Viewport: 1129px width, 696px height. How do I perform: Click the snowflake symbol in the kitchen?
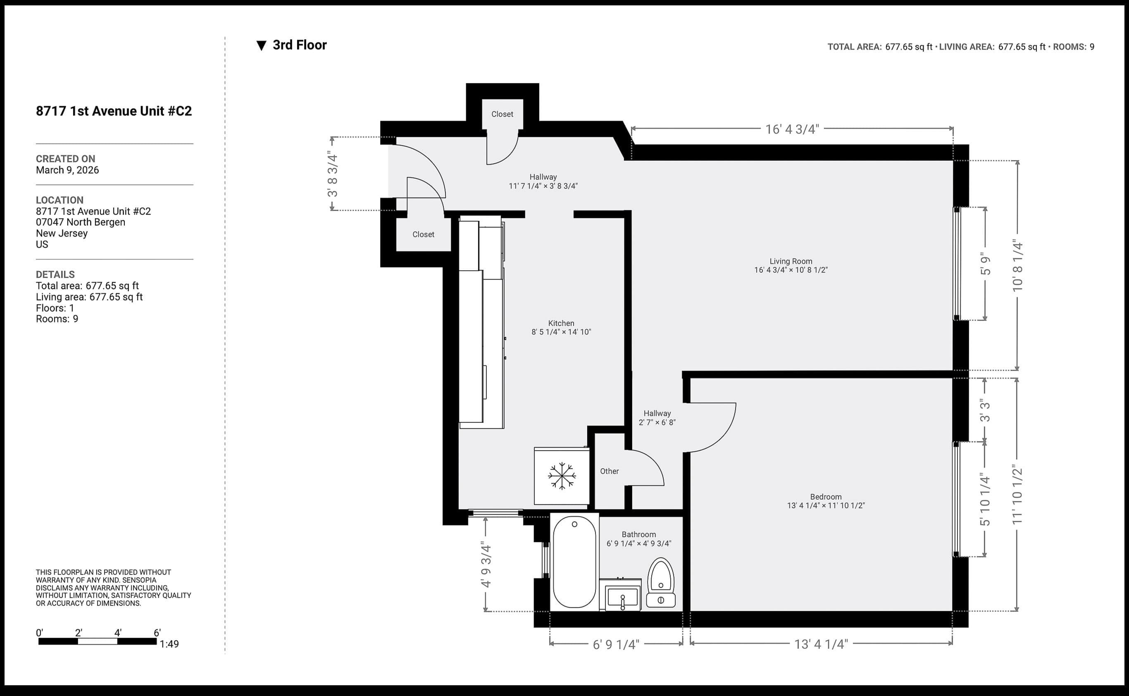click(x=562, y=476)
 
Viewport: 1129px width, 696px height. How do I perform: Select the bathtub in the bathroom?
click(x=574, y=562)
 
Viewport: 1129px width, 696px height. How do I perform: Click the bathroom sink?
click(x=622, y=598)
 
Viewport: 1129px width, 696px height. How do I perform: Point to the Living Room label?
click(x=790, y=261)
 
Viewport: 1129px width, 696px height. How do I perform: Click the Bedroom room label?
click(x=826, y=497)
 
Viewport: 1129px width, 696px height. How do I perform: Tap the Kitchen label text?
click(x=561, y=323)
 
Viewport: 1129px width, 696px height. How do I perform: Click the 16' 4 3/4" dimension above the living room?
click(x=792, y=129)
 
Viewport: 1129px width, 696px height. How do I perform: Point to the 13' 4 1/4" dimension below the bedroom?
click(x=821, y=644)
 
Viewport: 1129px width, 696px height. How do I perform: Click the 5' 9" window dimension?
click(x=985, y=264)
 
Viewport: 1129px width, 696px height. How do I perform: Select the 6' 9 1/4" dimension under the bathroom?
click(x=616, y=644)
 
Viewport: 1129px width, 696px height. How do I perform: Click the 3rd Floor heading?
click(x=299, y=45)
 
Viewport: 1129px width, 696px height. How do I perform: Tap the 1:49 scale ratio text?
click(x=169, y=644)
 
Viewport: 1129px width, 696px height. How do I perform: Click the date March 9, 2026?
click(x=67, y=170)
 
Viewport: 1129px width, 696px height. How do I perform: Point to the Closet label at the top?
click(x=502, y=114)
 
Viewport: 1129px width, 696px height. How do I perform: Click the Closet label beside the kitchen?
click(x=423, y=234)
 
